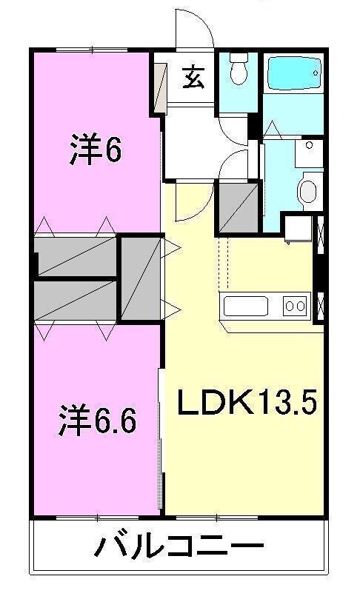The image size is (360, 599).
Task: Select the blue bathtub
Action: coord(294,74)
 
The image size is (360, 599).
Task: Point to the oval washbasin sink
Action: coord(307,191)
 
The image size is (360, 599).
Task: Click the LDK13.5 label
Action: coord(247,404)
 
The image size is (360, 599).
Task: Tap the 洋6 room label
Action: coord(96,151)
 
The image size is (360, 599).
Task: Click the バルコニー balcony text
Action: coord(179,549)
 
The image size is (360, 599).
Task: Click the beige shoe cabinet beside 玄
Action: coord(159,88)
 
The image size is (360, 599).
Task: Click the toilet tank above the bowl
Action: coord(238,58)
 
